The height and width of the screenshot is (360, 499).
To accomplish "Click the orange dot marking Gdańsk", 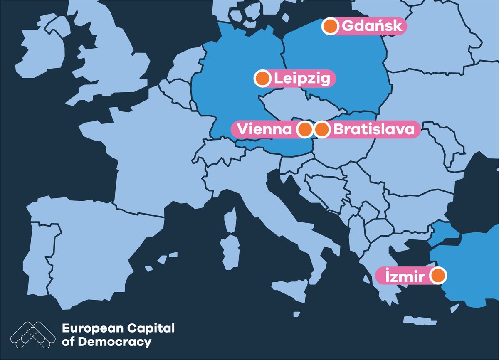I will tap(330, 27).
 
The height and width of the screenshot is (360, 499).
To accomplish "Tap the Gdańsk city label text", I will tap(372, 27).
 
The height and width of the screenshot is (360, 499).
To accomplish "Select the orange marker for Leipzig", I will tap(262, 78).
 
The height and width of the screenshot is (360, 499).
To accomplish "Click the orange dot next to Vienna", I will tap(305, 129).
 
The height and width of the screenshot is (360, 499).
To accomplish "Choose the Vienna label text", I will tap(264, 129).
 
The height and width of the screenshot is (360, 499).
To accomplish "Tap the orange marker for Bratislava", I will tap(321, 129).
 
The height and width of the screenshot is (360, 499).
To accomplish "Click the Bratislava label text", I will tap(373, 129).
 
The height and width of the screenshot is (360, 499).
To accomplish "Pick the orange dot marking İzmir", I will tap(437, 276).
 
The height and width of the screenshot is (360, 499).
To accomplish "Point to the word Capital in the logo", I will tap(151, 328).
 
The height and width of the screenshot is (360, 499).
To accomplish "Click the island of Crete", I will tap(420, 321).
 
